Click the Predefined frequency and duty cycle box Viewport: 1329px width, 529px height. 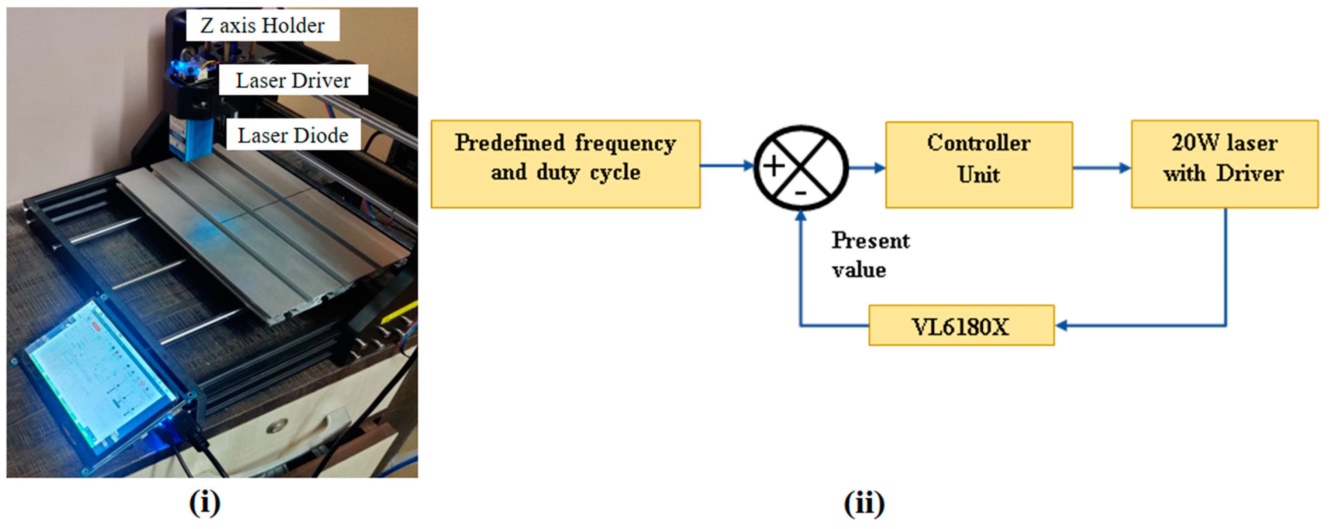(x=565, y=164)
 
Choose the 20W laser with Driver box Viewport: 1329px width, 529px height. (x=1224, y=164)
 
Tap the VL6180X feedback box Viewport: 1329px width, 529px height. (x=961, y=326)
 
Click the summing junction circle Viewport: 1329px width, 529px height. (x=801, y=167)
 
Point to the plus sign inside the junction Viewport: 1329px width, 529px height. (x=774, y=166)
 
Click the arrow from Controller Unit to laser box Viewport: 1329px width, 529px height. (x=1102, y=168)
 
